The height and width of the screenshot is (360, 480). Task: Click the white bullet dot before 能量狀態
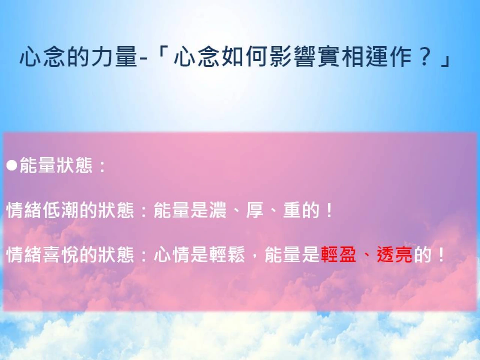pyautogui.click(x=12, y=165)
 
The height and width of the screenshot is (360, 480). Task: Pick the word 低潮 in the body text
pyautogui.click(x=61, y=210)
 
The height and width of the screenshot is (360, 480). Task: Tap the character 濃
pyautogui.click(x=218, y=210)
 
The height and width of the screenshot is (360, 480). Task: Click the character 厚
pyautogui.click(x=255, y=210)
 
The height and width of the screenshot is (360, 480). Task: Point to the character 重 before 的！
pyautogui.click(x=292, y=210)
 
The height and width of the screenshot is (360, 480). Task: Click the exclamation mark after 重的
pyautogui.click(x=328, y=210)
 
